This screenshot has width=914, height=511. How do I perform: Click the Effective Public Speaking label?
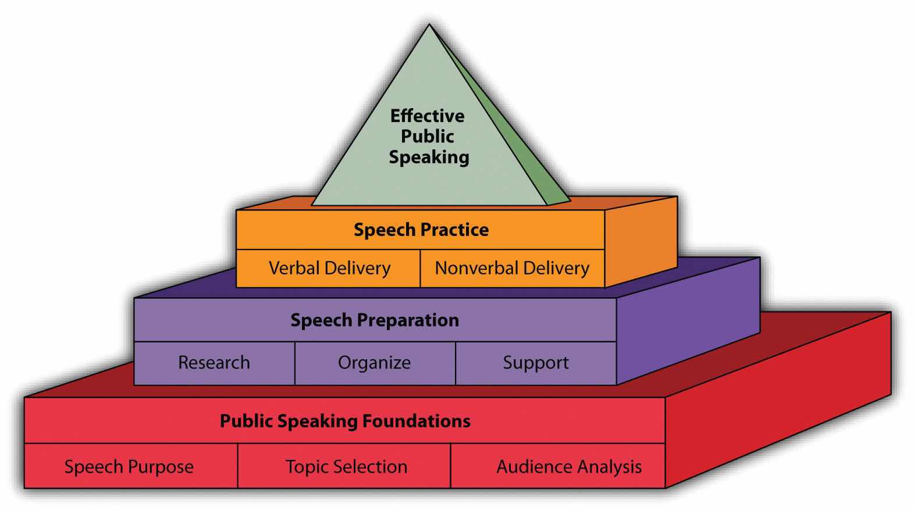(x=428, y=137)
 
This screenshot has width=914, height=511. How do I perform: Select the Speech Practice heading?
(x=421, y=230)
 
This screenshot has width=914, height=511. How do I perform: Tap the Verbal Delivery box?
(x=329, y=268)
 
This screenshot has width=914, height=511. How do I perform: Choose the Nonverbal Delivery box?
(x=512, y=268)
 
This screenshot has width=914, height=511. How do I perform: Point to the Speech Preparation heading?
(x=375, y=320)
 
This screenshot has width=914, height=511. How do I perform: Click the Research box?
(x=214, y=363)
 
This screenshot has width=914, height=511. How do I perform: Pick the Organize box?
(x=375, y=363)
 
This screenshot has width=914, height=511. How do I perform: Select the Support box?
(x=536, y=363)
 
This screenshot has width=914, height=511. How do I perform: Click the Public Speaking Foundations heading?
(x=345, y=421)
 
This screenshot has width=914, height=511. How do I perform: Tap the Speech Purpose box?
(x=129, y=466)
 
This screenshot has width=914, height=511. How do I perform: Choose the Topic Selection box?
(x=346, y=466)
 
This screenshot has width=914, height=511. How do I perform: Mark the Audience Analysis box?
(x=568, y=466)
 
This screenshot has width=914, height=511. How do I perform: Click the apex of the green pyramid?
(x=429, y=26)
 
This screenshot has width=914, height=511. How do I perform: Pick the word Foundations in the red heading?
(x=417, y=421)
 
